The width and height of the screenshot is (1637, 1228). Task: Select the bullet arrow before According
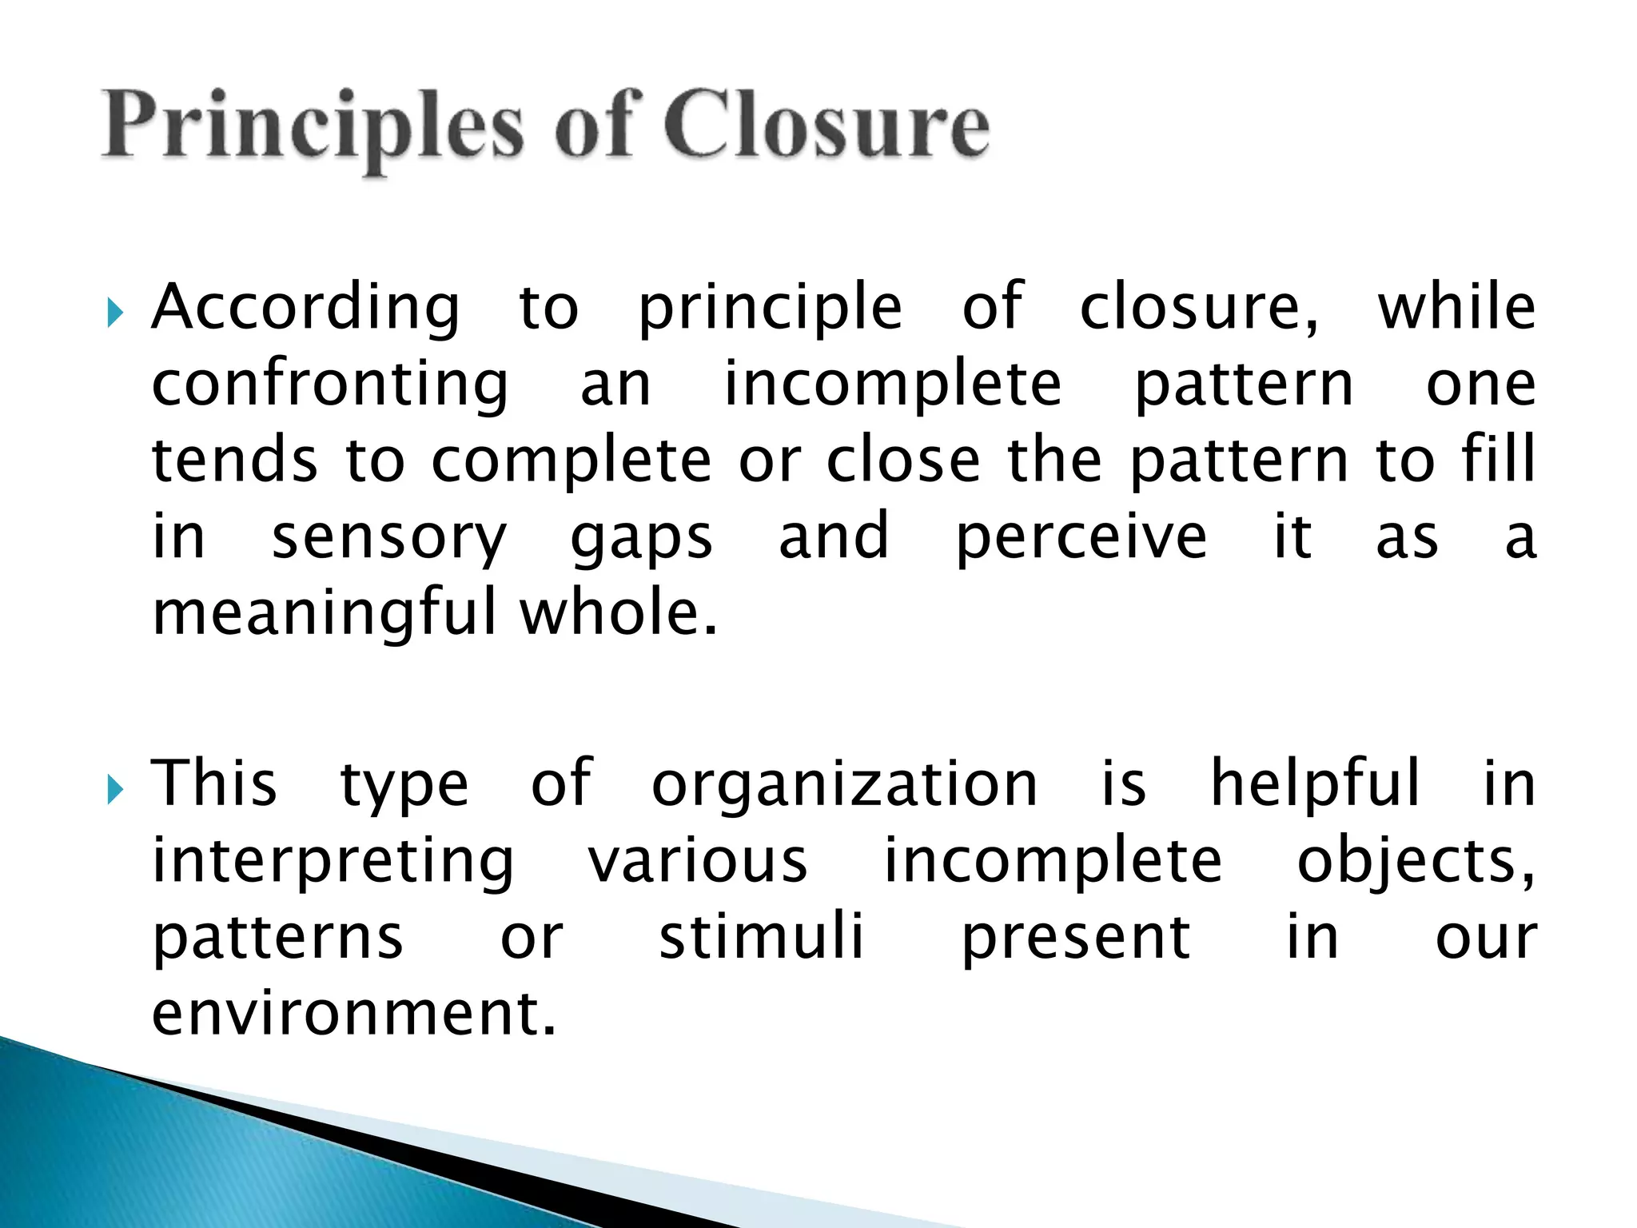(115, 313)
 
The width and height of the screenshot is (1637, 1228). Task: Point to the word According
(306, 309)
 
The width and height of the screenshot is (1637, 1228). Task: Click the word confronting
(330, 385)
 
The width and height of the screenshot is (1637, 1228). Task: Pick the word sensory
(389, 538)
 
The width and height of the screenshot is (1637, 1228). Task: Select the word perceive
(1081, 538)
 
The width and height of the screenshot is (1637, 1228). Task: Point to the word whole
(618, 612)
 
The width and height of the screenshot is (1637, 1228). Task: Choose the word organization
(845, 785)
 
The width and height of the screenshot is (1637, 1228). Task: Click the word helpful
(1316, 783)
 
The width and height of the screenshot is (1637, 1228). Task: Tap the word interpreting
(333, 862)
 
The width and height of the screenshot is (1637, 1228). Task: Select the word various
(698, 861)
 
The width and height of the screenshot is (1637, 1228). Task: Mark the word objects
(1415, 862)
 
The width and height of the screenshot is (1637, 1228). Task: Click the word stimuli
(761, 937)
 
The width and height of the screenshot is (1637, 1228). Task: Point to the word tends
(235, 461)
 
